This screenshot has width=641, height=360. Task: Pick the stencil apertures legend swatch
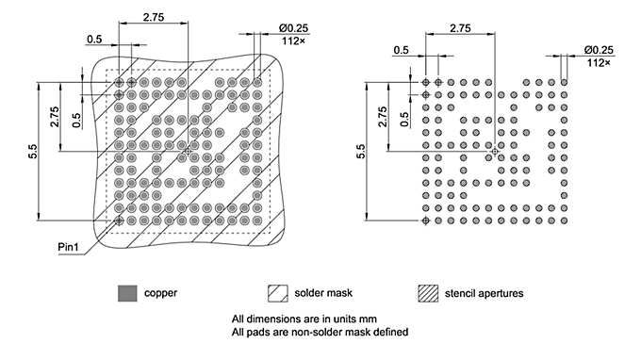pyautogui.click(x=429, y=292)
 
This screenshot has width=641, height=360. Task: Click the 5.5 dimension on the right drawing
pyautogui.click(x=362, y=151)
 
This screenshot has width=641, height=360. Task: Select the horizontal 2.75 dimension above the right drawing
pyautogui.click(x=460, y=29)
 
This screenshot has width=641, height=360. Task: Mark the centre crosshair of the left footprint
pyautogui.click(x=189, y=152)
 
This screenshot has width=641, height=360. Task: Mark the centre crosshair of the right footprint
pyautogui.click(x=495, y=152)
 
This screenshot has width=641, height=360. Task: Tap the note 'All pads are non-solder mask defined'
pyautogui.click(x=319, y=332)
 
